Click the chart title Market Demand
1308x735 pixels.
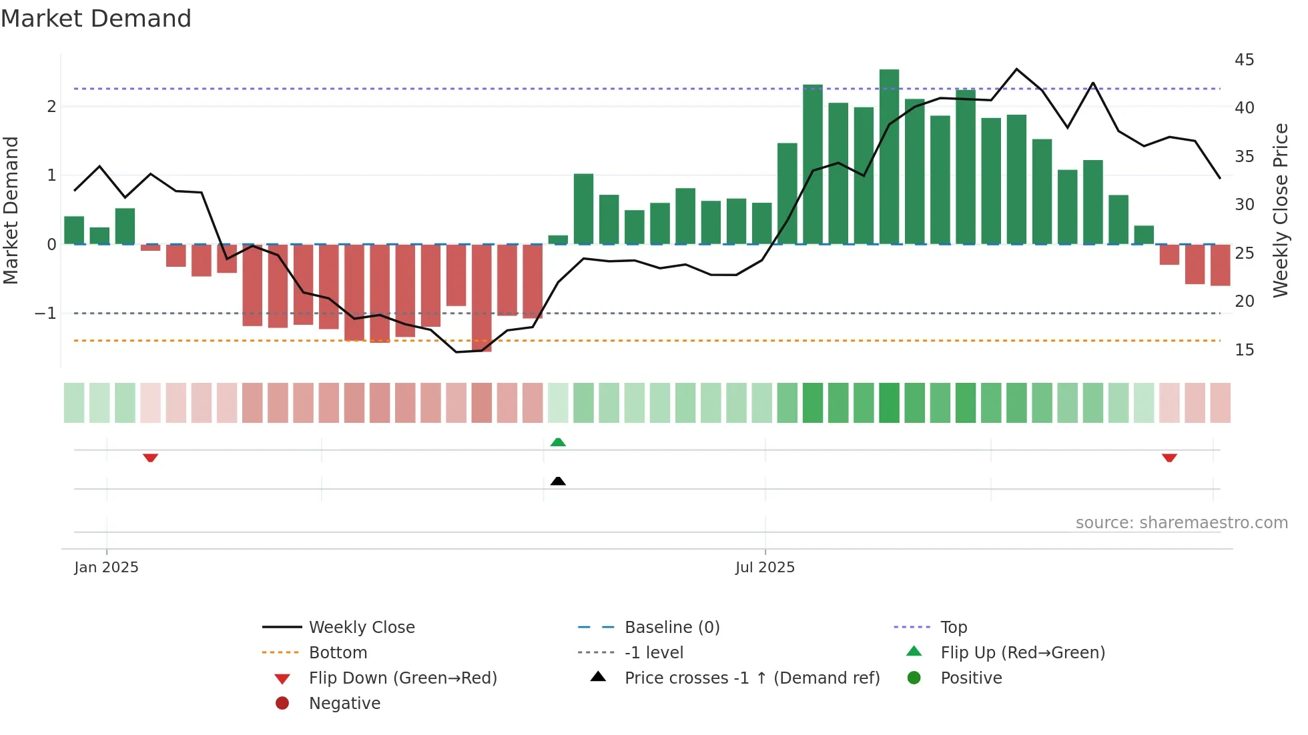(96, 19)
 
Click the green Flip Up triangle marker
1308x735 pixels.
(558, 442)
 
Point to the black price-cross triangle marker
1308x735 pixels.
(558, 481)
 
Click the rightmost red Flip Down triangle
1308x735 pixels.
(1169, 458)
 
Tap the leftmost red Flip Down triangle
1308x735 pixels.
(150, 458)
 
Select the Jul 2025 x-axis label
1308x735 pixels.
(765, 568)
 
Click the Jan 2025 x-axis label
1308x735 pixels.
(106, 568)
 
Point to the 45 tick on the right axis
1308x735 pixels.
(1244, 60)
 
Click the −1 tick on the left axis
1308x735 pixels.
(45, 313)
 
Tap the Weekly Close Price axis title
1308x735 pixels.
(1280, 210)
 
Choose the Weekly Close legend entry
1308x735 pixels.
(361, 628)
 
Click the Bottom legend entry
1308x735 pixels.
(338, 653)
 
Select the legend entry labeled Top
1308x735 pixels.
(953, 628)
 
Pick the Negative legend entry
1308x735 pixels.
(344, 704)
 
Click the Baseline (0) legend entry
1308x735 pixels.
(671, 628)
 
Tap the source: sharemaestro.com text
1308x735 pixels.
(1181, 523)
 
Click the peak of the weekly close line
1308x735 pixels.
(1016, 69)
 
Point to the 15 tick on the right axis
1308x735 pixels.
(1244, 350)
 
